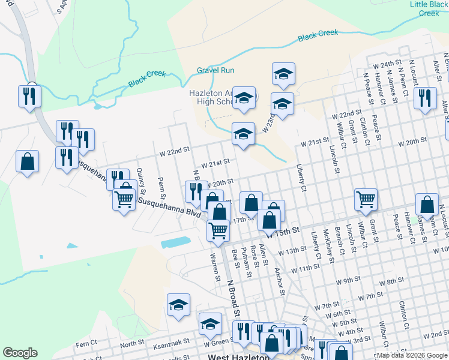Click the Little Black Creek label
coord(429,8)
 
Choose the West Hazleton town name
coord(237,356)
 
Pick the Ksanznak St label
coord(170,340)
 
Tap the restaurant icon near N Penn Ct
coord(425,98)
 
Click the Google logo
coord(20,353)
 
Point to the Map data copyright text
coord(411,355)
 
